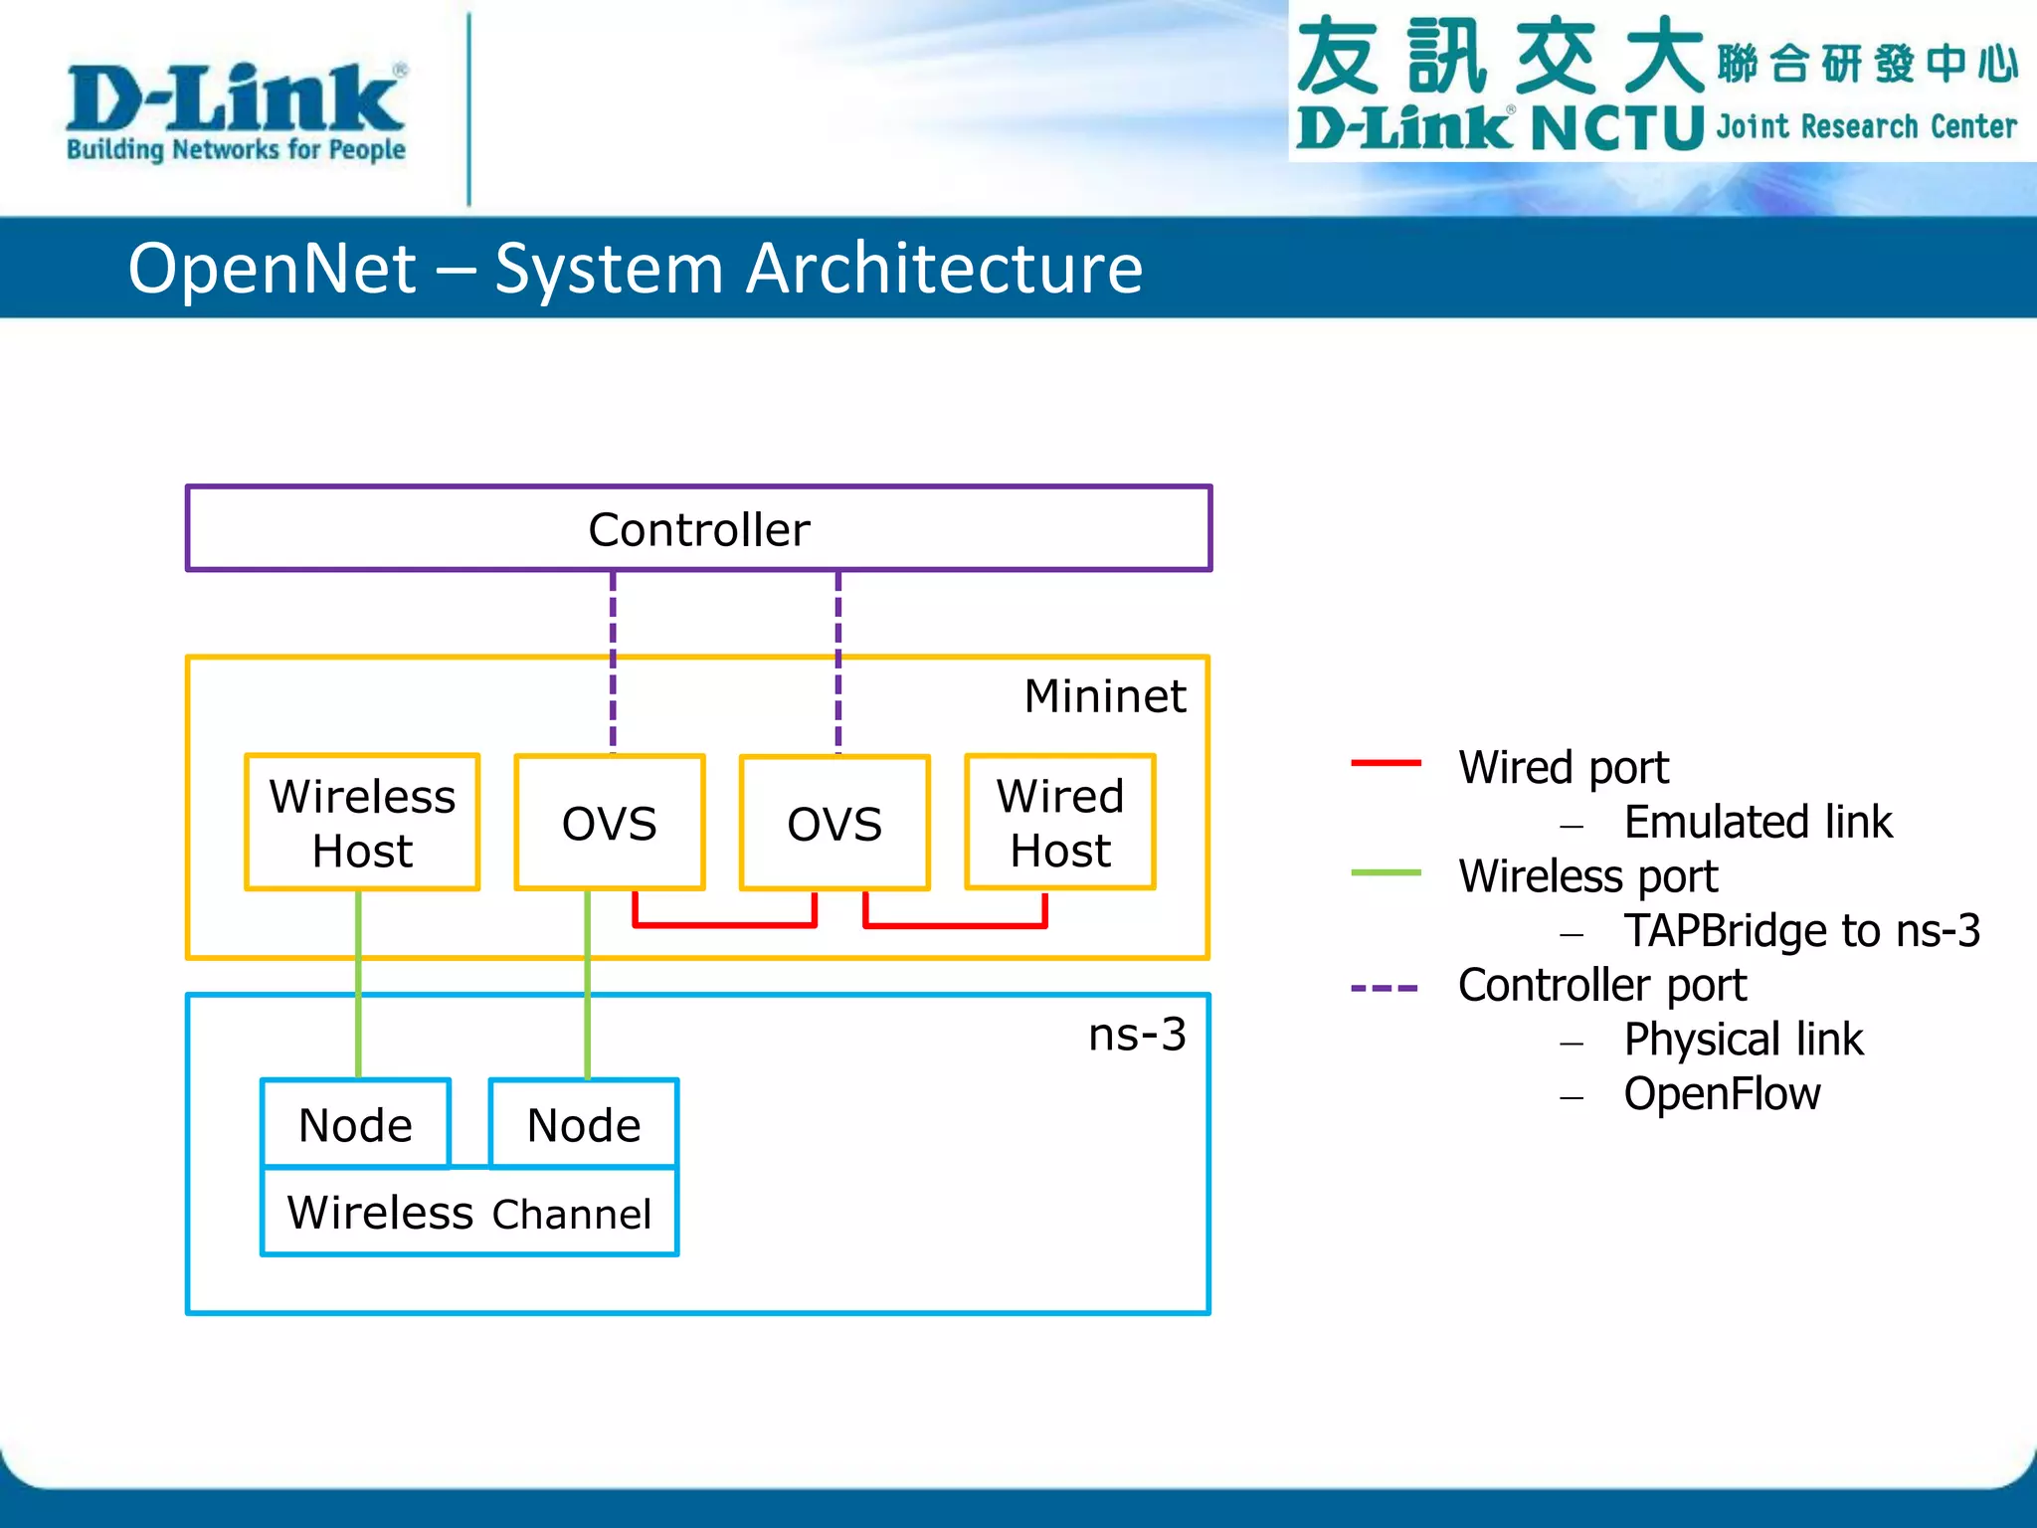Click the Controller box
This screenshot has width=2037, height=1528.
point(698,528)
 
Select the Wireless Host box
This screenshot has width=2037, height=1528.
point(362,823)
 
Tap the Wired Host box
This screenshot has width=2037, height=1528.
point(1060,823)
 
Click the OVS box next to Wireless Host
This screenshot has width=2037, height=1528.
point(610,823)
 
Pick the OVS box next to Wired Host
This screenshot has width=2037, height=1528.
point(834,823)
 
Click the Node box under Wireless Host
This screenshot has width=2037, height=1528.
point(355,1124)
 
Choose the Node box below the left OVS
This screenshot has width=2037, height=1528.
point(584,1124)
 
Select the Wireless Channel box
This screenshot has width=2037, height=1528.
point(469,1213)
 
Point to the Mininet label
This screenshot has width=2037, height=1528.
point(1105,695)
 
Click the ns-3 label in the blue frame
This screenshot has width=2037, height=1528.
point(1137,1035)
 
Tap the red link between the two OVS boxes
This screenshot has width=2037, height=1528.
point(725,924)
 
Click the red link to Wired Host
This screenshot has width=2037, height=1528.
point(955,925)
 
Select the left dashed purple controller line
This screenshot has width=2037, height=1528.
point(613,662)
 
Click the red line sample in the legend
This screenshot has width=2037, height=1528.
point(1386,763)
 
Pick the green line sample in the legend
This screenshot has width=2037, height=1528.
point(1386,872)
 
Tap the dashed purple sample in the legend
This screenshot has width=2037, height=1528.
point(1384,988)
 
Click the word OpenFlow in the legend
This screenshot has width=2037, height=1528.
point(1722,1094)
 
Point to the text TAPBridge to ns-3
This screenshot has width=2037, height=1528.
point(1801,931)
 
